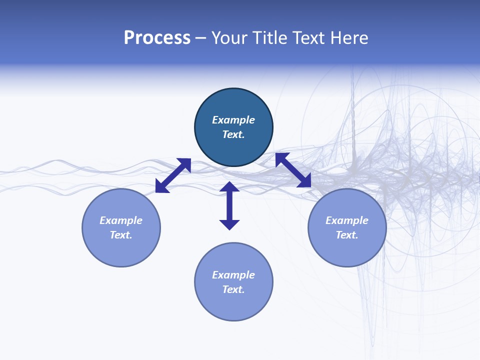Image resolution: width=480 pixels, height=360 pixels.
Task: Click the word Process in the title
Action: [157, 38]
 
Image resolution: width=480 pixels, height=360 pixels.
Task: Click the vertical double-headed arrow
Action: [229, 206]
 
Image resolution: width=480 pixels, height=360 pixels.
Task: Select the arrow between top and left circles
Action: [173, 175]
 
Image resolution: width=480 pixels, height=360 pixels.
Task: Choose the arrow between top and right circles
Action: [293, 170]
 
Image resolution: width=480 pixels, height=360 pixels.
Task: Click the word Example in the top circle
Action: [233, 120]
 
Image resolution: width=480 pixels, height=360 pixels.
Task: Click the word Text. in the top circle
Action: [233, 134]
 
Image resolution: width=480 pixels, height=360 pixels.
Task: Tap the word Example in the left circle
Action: [121, 220]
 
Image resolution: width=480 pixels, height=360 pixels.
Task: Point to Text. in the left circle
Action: [121, 235]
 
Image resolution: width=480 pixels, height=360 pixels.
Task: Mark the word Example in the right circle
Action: [347, 220]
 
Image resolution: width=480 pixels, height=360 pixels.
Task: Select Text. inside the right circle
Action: [347, 235]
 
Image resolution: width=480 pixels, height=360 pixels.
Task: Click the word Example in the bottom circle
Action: [233, 275]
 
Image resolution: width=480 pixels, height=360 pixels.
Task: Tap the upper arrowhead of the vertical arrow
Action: [229, 186]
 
